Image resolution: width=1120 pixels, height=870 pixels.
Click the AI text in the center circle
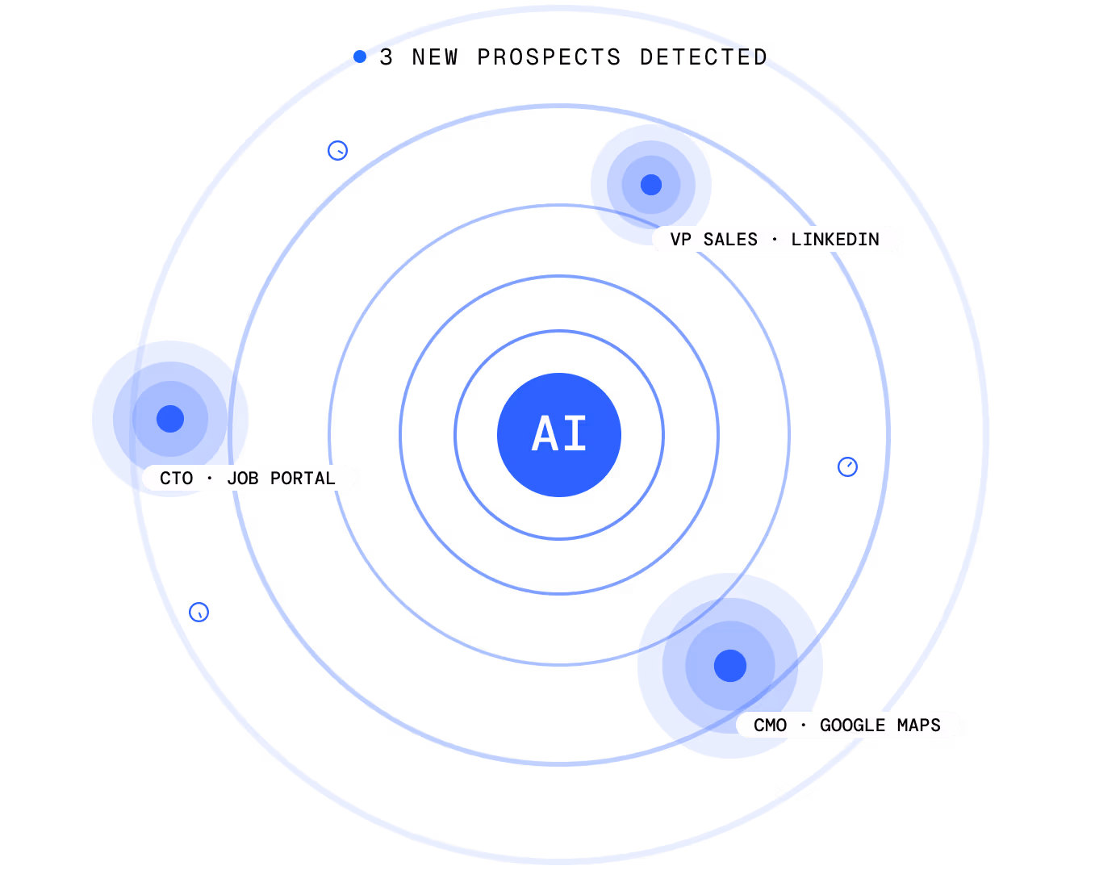click(559, 434)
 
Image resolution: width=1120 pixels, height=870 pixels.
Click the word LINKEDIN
click(835, 240)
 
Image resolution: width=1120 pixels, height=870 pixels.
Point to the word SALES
click(730, 240)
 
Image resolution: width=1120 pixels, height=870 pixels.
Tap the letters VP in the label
click(680, 240)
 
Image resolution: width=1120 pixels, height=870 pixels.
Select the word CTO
click(177, 479)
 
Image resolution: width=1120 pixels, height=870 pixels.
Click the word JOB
click(243, 479)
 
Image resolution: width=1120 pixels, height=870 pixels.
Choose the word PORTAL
click(303, 479)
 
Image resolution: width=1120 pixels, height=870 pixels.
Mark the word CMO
click(770, 726)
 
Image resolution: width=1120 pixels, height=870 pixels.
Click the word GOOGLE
click(852, 726)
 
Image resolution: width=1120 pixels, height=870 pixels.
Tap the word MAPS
click(919, 726)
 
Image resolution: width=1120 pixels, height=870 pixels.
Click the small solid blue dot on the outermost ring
click(360, 56)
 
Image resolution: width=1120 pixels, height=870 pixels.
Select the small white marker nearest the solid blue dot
click(337, 150)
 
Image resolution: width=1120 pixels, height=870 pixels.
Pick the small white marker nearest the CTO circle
click(199, 612)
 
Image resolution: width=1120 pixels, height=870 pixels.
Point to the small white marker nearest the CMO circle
click(847, 466)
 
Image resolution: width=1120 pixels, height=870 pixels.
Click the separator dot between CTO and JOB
click(210, 479)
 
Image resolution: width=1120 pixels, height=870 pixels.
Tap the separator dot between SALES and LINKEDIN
click(775, 240)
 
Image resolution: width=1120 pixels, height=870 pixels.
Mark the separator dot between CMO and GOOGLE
click(803, 726)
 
